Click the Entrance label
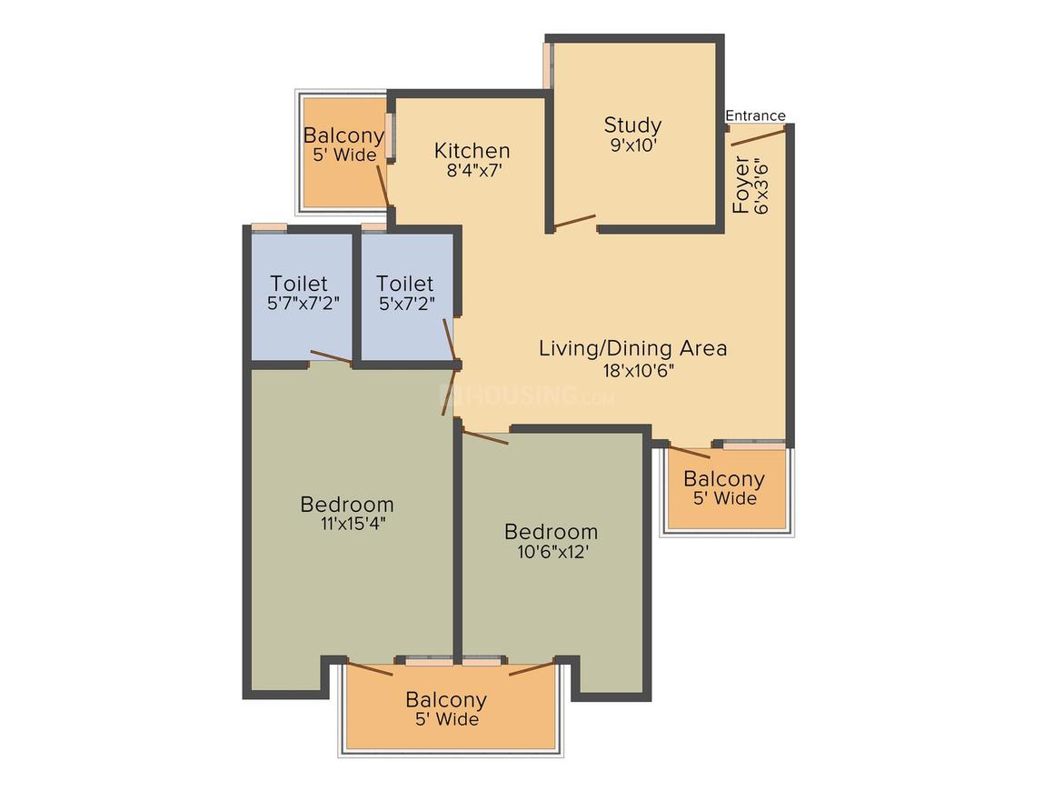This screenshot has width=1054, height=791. pyautogui.click(x=756, y=115)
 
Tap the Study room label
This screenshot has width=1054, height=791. pyautogui.click(x=632, y=125)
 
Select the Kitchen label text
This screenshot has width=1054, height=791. pyautogui.click(x=472, y=151)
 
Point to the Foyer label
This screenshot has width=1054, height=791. pyautogui.click(x=741, y=185)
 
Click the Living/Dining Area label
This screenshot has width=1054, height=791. pyautogui.click(x=632, y=348)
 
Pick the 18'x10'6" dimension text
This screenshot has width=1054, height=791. pyautogui.click(x=638, y=370)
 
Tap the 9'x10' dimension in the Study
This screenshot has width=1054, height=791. pyautogui.click(x=633, y=145)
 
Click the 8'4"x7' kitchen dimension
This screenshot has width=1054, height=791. pyautogui.click(x=474, y=170)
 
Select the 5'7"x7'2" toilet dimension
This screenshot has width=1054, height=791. pyautogui.click(x=303, y=304)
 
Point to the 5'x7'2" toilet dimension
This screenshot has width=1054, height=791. pyautogui.click(x=407, y=304)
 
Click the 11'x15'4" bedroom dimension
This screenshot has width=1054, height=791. pyautogui.click(x=353, y=524)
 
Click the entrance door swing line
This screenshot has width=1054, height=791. pyautogui.click(x=758, y=138)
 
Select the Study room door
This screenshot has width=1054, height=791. pyautogui.click(x=575, y=221)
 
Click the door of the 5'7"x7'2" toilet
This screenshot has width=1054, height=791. pyautogui.click(x=331, y=357)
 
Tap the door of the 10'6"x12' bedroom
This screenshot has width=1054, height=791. pyautogui.click(x=485, y=437)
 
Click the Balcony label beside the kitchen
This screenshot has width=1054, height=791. pyautogui.click(x=343, y=135)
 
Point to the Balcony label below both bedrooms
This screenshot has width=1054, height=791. pyautogui.click(x=445, y=699)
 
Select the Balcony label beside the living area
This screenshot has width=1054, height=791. pyautogui.click(x=724, y=479)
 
